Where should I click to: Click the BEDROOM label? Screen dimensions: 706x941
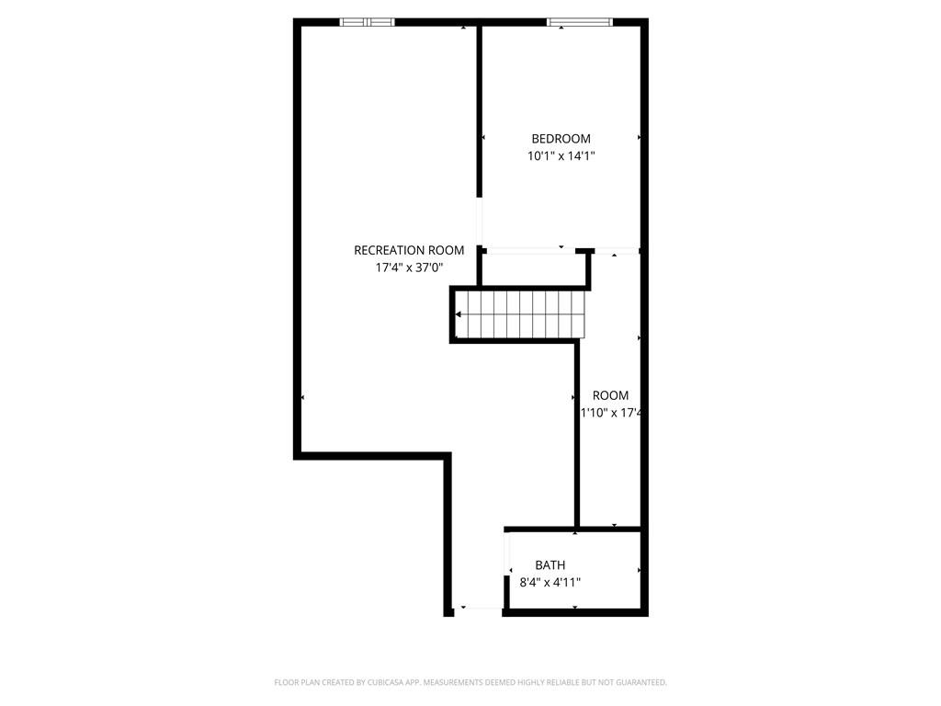[x=561, y=139]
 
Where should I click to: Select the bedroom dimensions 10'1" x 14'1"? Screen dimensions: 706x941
[x=561, y=156]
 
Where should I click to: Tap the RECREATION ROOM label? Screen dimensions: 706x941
[x=409, y=250]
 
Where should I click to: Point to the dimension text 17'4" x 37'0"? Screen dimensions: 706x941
[x=409, y=268]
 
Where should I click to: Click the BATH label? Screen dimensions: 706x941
[x=550, y=564]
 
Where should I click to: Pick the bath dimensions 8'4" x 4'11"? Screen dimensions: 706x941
[x=550, y=582]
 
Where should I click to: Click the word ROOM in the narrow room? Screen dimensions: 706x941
[x=610, y=395]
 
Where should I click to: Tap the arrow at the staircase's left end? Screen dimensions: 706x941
[x=459, y=315]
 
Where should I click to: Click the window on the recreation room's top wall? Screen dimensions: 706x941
[x=368, y=22]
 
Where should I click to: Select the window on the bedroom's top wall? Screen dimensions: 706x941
[x=580, y=22]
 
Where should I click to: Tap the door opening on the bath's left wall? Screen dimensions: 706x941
[x=506, y=557]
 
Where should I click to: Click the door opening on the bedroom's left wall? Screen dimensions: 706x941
[x=479, y=221]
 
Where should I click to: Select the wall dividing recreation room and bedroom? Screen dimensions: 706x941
[x=480, y=110]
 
